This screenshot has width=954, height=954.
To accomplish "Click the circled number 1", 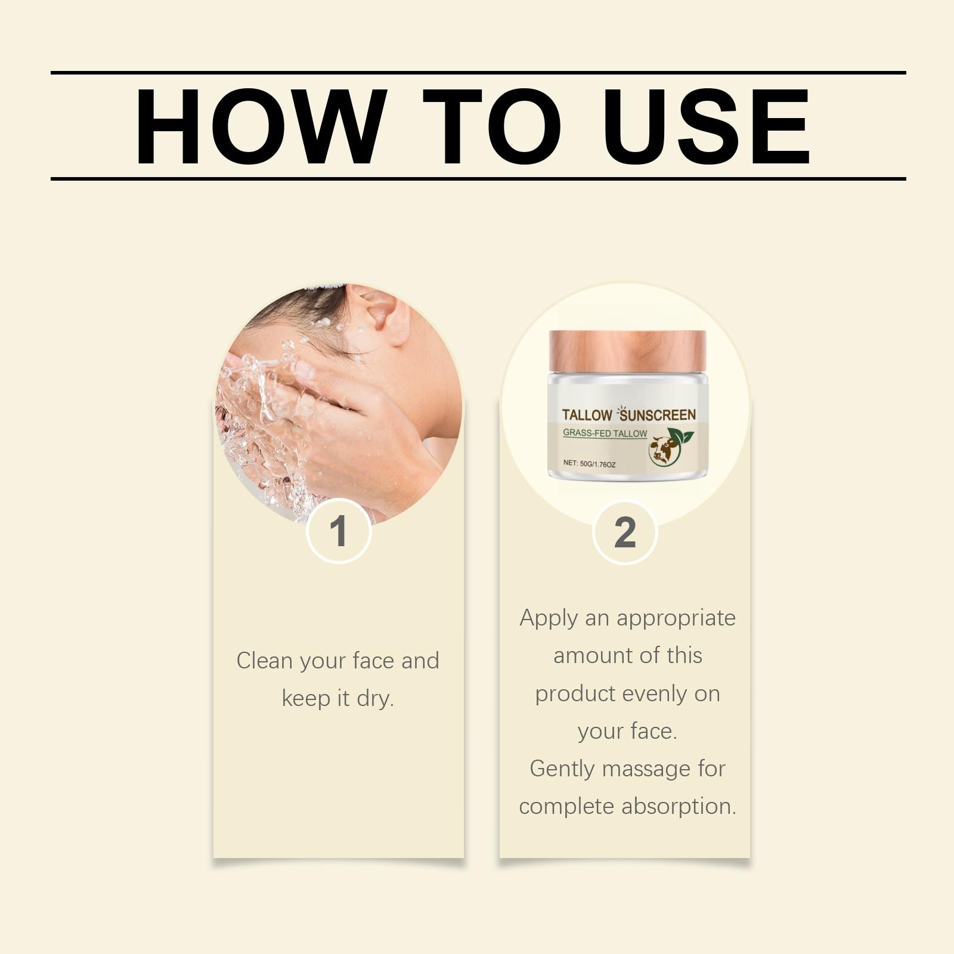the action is coord(339,531).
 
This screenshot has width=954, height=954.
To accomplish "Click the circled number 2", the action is coord(625,531).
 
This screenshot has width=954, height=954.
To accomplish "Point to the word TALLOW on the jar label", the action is coord(587,416).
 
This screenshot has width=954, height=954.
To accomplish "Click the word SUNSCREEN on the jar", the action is coord(658,415).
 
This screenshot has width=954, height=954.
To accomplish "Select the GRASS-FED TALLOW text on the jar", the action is coord(605,433).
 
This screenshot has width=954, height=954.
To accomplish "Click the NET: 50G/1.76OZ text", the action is coord(589,463).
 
